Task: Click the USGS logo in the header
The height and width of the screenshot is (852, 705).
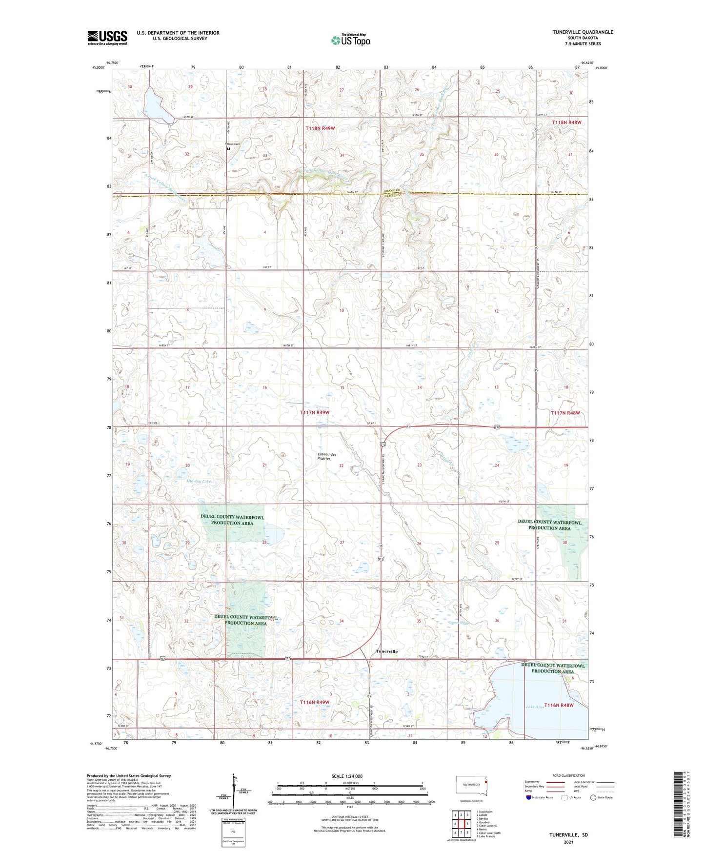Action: pos(107,38)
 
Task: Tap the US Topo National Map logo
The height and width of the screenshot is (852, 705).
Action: pos(350,40)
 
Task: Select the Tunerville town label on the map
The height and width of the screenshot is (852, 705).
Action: pos(386,651)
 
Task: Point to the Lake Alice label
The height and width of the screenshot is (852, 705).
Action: pos(535,707)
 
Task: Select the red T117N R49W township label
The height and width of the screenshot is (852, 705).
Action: pos(314,412)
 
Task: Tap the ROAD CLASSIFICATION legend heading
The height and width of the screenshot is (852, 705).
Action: pos(568,775)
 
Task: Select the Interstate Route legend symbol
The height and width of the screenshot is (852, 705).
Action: pos(529,797)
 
